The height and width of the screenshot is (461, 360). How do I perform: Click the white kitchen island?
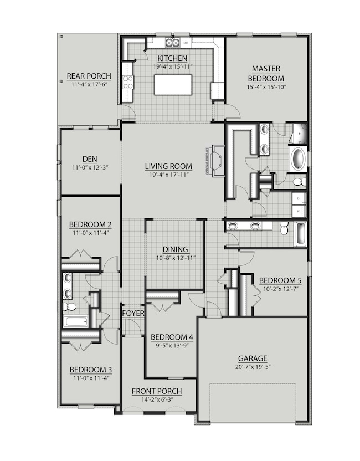pyautogui.click(x=171, y=85)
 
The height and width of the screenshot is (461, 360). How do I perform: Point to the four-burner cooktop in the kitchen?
pyautogui.click(x=128, y=83)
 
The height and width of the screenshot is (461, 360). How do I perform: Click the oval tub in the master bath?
pyautogui.click(x=298, y=158)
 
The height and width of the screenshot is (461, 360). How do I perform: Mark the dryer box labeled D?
pyautogui.click(x=299, y=198)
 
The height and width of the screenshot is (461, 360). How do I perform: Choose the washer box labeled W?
pyautogui.click(x=299, y=211)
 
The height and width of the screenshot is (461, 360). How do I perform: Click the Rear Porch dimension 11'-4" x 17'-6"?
pyautogui.click(x=89, y=85)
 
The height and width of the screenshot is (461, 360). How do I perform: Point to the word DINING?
pyautogui.click(x=175, y=249)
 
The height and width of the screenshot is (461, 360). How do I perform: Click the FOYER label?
pyautogui.click(x=133, y=313)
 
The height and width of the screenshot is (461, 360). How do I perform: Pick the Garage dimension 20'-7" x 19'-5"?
pyautogui.click(x=253, y=367)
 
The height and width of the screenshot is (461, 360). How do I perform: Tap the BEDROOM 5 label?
pyautogui.click(x=277, y=280)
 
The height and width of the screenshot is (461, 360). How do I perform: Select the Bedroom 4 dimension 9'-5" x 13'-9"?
pyautogui.click(x=172, y=346)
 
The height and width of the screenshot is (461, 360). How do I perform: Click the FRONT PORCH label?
pyautogui.click(x=157, y=391)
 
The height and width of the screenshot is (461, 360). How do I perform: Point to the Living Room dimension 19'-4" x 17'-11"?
pyautogui.click(x=168, y=175)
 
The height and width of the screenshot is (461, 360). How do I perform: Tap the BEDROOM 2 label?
pyautogui.click(x=90, y=224)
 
